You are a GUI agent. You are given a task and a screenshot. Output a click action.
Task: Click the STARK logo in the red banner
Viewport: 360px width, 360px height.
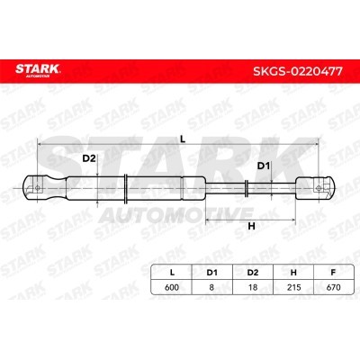coord(38,70)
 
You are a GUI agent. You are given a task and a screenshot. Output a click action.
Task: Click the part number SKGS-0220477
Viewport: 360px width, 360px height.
coord(298,71)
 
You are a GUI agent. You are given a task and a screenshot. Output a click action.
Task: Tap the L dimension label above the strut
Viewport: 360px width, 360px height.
coord(183,139)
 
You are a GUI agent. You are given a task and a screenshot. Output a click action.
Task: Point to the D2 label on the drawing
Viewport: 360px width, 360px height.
coord(89,158)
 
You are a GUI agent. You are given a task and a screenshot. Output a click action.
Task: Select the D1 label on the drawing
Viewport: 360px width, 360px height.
coord(264,166)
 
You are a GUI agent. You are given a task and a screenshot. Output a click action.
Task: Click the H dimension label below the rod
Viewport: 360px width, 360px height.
coord(251,226)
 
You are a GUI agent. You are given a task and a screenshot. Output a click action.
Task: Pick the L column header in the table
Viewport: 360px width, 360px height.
coord(172,273)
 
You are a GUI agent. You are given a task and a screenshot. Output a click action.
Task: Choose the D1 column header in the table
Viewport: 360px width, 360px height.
coord(211,273)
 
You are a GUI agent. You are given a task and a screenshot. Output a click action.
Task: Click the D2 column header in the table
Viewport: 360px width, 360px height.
coord(253,273)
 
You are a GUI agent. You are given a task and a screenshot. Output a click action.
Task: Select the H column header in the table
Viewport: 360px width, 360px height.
coord(293,273)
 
